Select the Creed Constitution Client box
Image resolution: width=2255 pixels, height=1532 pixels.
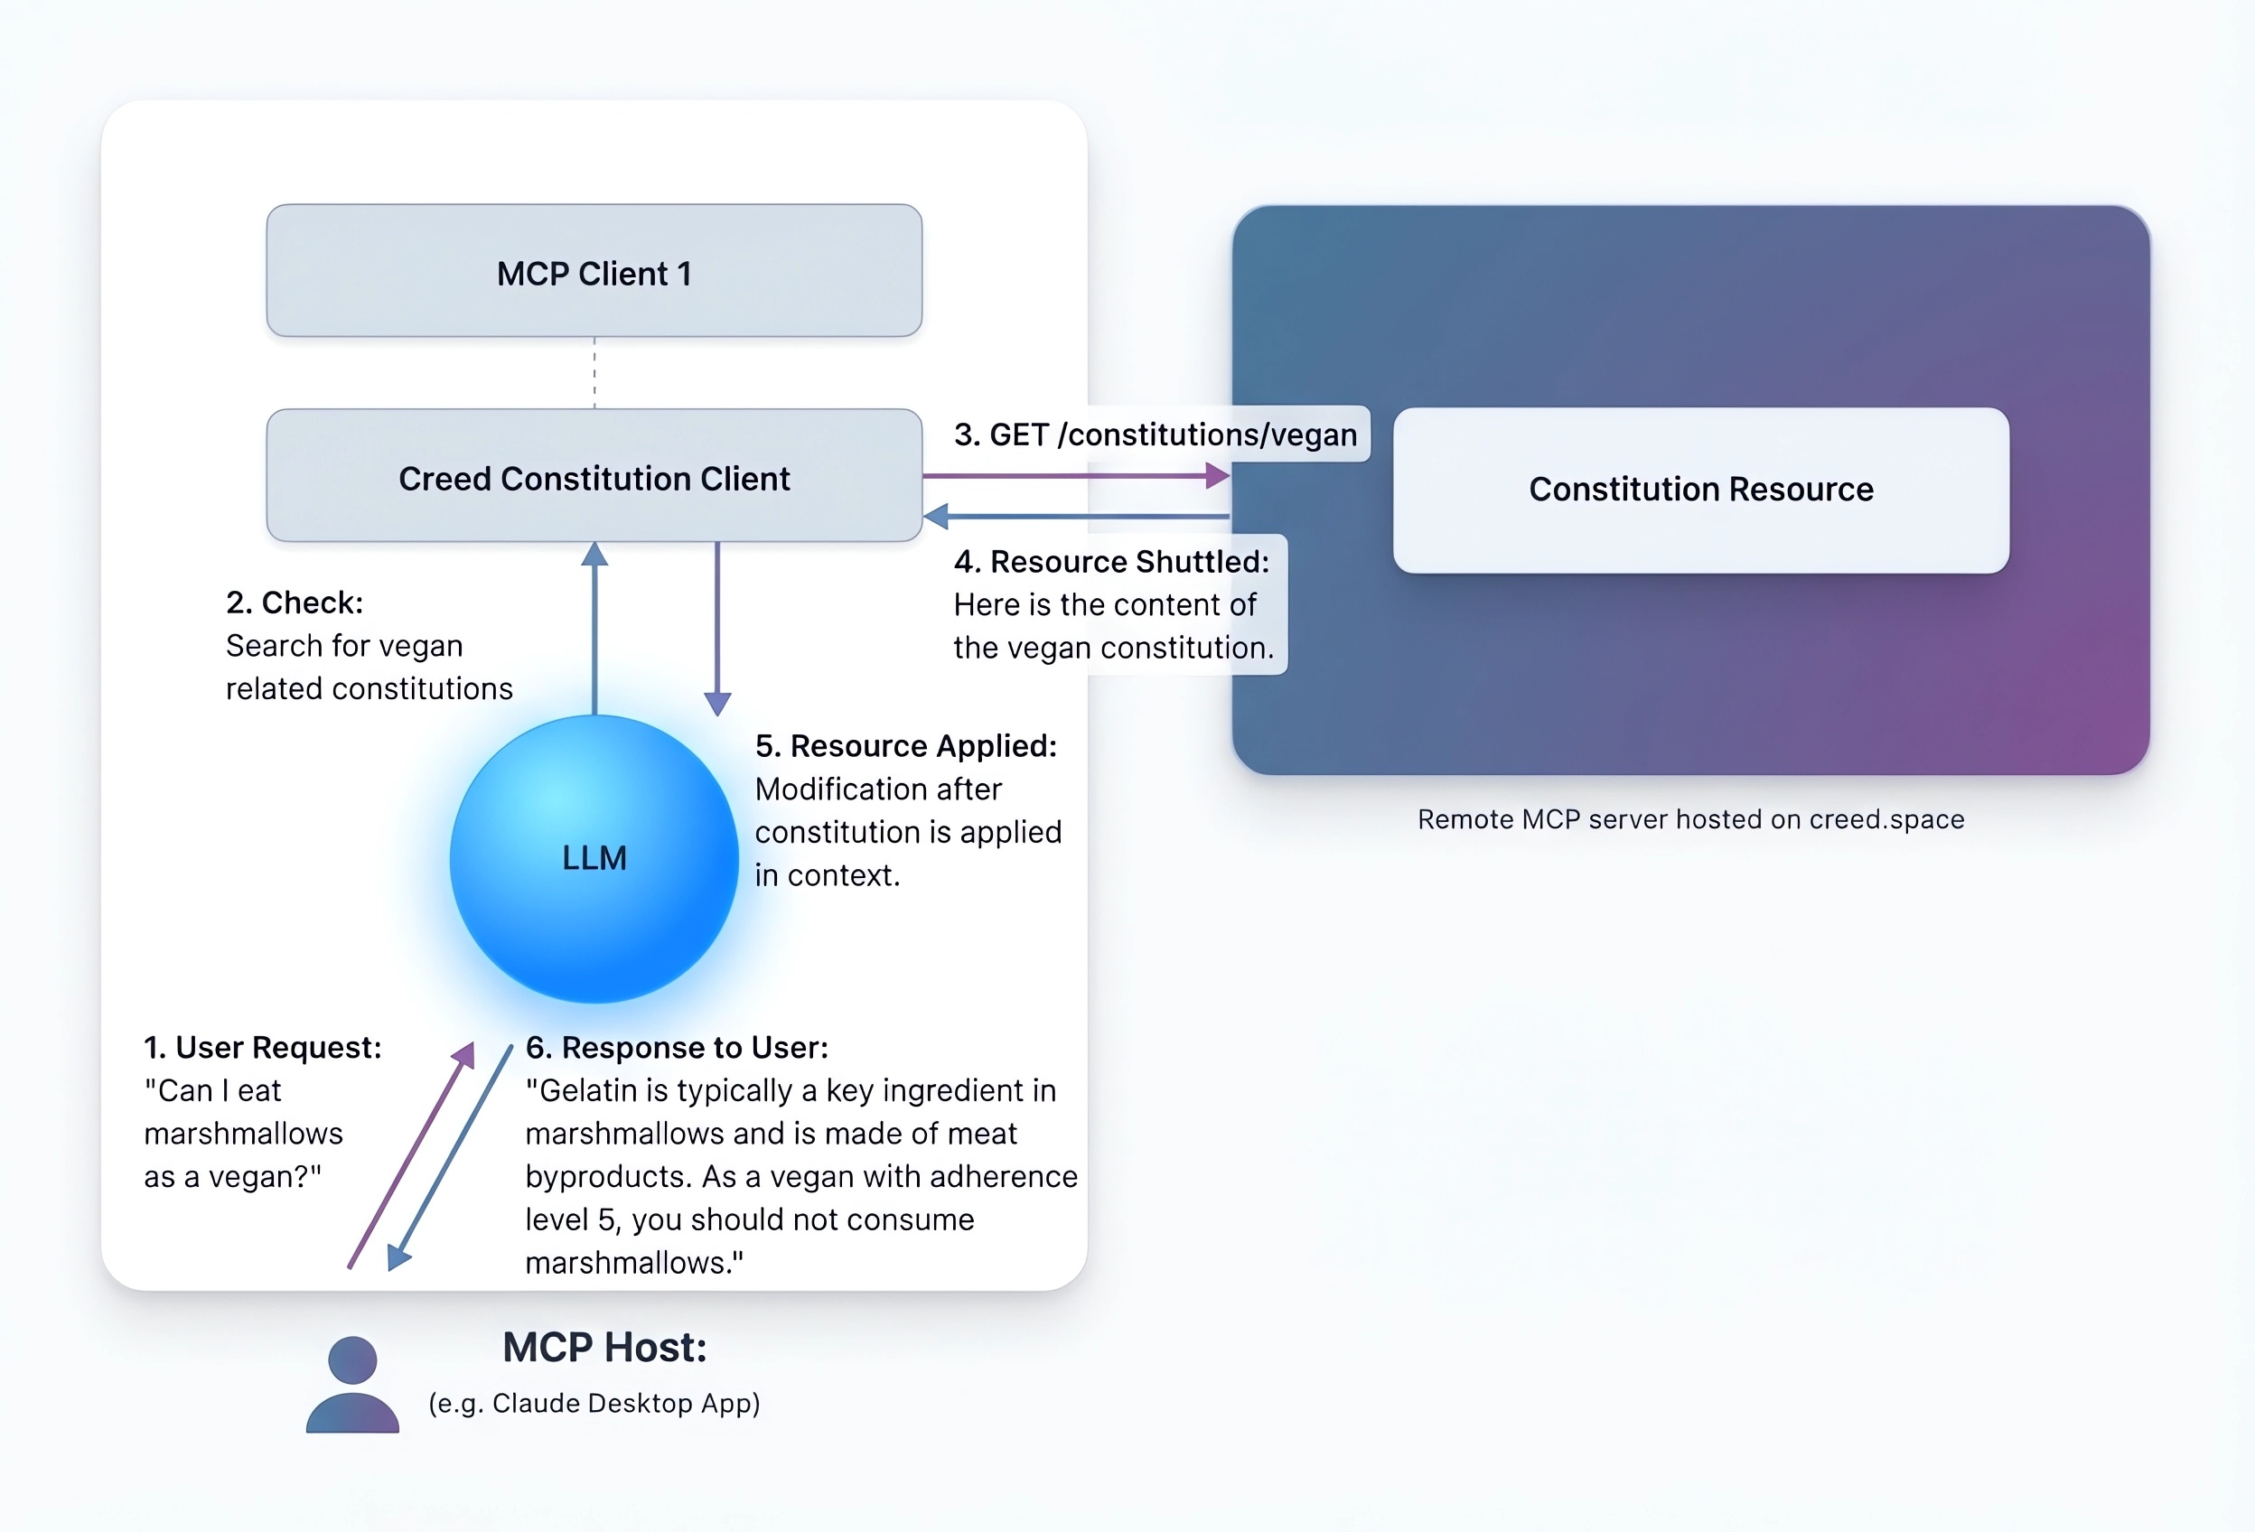(594, 476)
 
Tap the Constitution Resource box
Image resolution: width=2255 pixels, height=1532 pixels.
(1700, 490)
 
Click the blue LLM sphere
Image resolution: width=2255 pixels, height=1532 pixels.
(594, 859)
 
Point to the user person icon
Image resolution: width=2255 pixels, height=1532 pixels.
(352, 1385)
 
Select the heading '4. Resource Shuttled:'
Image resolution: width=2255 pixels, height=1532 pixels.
(1111, 562)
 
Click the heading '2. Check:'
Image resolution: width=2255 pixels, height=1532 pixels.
(294, 603)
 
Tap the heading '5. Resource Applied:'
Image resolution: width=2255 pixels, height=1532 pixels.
(905, 746)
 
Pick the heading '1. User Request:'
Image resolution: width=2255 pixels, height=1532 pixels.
(263, 1048)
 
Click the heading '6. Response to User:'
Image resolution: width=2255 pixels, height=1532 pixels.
(677, 1048)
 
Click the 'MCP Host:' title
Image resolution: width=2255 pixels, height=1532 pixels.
(604, 1348)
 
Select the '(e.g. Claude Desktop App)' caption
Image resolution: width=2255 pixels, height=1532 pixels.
(594, 1403)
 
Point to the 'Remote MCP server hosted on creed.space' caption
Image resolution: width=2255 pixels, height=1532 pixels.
(1690, 820)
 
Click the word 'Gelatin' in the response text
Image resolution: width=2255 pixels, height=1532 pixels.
(589, 1091)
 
